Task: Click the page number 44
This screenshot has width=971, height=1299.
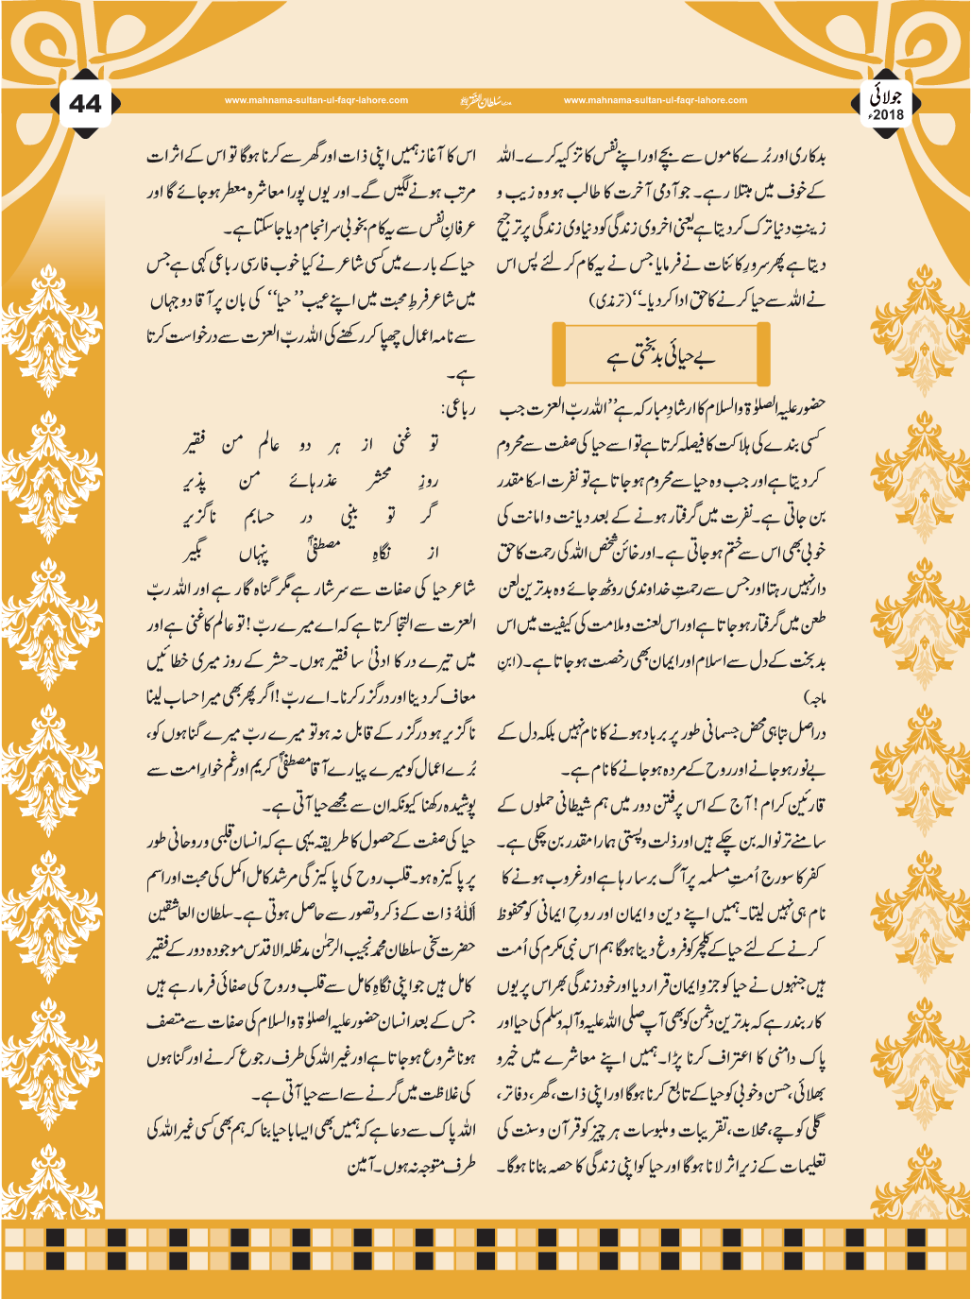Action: click(x=85, y=104)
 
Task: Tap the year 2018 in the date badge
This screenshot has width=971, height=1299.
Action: click(x=888, y=115)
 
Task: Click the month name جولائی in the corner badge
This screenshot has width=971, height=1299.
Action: click(x=888, y=96)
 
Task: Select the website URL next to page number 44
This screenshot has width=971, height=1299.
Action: click(x=316, y=100)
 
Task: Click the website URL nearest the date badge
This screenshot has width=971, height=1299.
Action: click(x=655, y=100)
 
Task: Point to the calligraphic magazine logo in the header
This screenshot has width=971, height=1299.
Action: click(x=485, y=100)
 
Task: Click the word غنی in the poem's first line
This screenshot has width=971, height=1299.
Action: click(x=401, y=443)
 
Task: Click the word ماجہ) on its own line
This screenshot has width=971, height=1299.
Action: click(x=812, y=697)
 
